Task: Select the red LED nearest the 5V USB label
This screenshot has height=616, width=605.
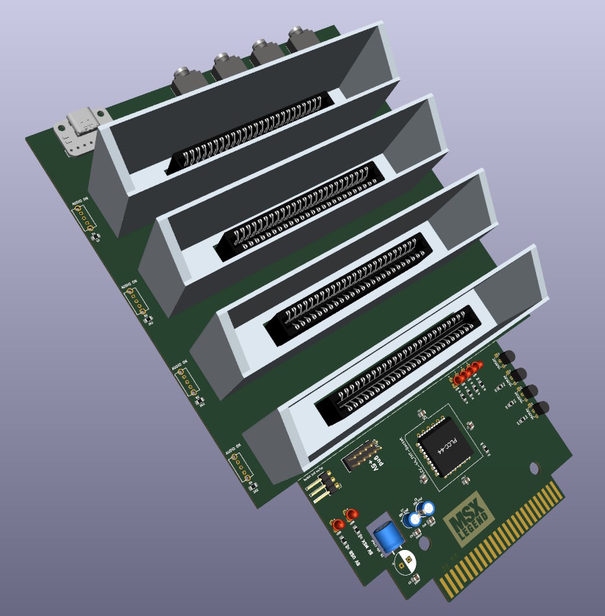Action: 338,525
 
